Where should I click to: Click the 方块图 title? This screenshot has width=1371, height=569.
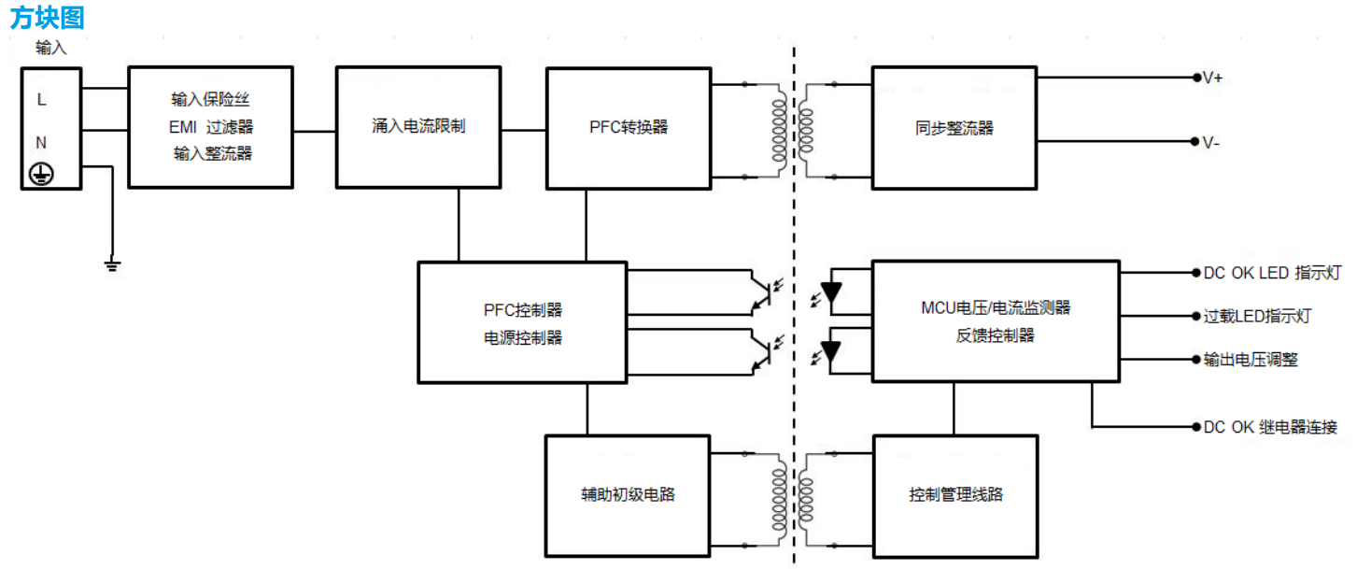(x=47, y=17)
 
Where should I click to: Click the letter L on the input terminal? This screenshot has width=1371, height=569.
(x=41, y=99)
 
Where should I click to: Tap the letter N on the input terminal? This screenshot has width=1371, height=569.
(x=41, y=143)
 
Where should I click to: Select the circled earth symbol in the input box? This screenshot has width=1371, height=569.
(x=41, y=172)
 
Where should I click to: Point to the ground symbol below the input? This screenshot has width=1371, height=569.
(x=112, y=266)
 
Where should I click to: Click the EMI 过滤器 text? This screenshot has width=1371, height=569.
(x=212, y=127)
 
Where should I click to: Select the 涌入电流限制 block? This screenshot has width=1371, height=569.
(x=418, y=126)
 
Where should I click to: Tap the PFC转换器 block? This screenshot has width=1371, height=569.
(x=628, y=127)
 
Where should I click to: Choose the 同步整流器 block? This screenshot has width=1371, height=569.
(x=954, y=128)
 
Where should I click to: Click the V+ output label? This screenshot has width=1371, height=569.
(x=1212, y=78)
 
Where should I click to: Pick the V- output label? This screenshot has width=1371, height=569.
(x=1210, y=143)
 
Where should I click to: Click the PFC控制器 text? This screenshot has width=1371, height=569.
(x=522, y=309)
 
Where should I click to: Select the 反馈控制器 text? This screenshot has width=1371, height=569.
(x=995, y=334)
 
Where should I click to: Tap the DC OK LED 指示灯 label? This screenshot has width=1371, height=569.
(x=1272, y=273)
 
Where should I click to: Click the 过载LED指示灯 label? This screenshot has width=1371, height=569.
(x=1257, y=316)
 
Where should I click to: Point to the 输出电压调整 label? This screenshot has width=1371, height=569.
(x=1251, y=359)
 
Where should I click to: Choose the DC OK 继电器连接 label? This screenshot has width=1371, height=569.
(x=1270, y=427)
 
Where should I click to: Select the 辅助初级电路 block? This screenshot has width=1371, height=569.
(x=628, y=494)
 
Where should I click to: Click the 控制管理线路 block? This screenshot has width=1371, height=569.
(x=955, y=494)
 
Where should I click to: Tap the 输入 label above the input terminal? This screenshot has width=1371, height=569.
(x=50, y=49)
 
